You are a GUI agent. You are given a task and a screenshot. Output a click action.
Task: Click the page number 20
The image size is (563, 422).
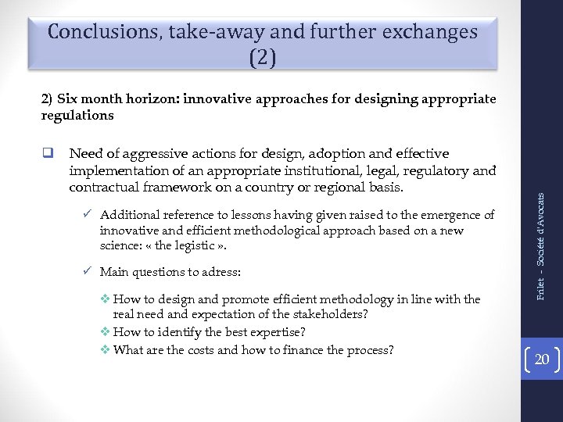541,360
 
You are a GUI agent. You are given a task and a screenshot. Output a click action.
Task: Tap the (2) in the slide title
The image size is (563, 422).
263,57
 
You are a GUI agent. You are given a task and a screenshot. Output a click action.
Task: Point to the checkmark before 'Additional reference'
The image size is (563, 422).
88,214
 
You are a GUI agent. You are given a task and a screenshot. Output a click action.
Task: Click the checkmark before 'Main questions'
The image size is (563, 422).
88,272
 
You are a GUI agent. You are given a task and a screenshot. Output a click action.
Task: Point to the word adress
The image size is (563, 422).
221,273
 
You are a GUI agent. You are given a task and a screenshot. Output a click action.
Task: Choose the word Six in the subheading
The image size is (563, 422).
68,99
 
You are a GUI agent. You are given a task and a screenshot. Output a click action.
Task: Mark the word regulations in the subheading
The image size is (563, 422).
77,116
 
